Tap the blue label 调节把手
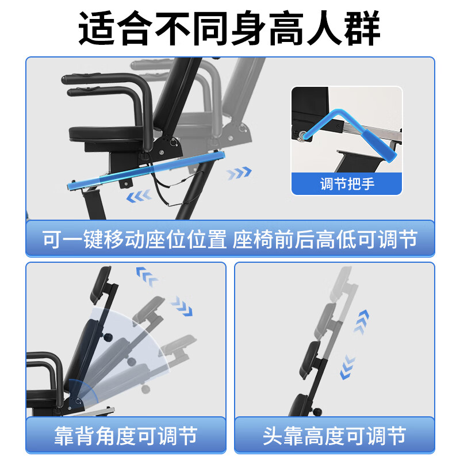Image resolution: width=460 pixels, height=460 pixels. [346, 185]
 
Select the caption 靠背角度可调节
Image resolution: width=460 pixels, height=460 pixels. [126, 435]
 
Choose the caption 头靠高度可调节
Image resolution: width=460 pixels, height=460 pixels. [334, 435]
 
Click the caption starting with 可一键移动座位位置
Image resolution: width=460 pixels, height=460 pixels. [229, 239]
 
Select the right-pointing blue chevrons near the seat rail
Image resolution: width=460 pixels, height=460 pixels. [239, 172]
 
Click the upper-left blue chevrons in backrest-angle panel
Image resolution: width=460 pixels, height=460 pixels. [147, 277]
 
